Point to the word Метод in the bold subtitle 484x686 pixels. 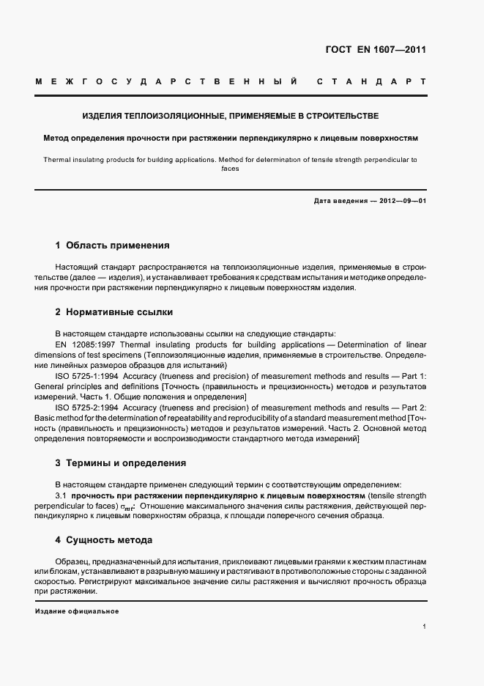[x=57, y=137]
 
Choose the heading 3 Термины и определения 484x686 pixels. [x=121, y=463]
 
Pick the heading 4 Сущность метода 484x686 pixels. [x=104, y=540]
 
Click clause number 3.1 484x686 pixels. [x=62, y=495]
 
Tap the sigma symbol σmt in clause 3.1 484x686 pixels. [x=128, y=506]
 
